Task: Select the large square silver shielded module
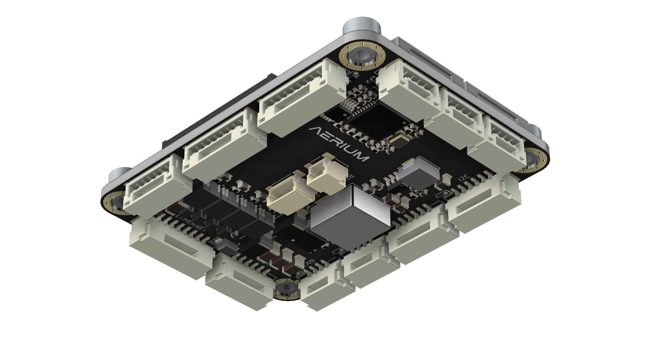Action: [349, 215]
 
